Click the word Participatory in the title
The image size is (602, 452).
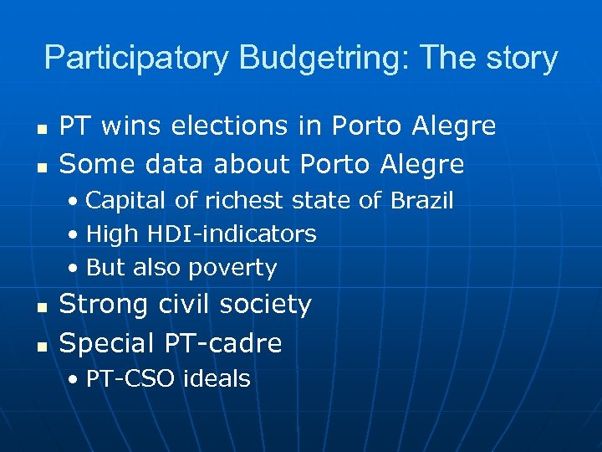click(136, 59)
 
